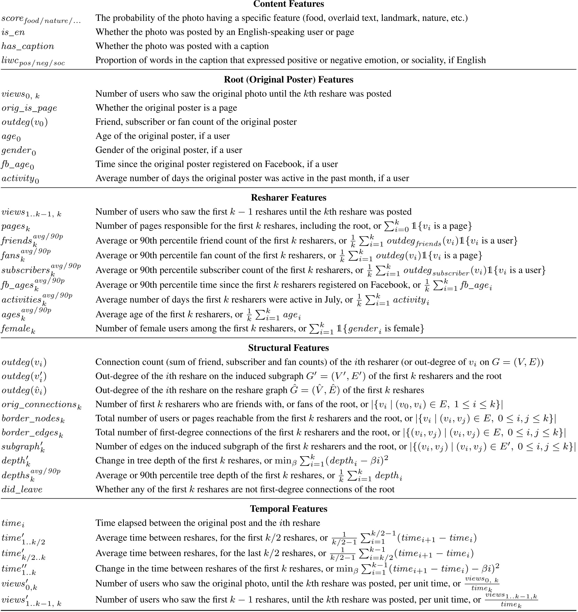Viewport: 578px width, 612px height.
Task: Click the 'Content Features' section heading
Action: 288,4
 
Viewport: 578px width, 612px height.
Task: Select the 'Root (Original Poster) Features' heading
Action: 288,80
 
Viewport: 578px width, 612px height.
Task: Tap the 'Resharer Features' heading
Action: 288,198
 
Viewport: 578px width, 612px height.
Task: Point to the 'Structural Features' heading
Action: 288,348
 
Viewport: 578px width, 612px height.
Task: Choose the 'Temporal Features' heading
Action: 288,509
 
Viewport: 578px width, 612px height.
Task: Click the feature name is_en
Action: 13,32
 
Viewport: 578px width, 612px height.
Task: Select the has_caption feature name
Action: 28,47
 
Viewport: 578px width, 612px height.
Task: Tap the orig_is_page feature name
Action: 29,108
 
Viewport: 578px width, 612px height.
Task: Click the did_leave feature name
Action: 22,490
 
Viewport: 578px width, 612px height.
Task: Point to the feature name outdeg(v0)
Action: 24,122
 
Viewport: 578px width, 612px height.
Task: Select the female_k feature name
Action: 18,329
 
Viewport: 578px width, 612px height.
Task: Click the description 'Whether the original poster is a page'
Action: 166,108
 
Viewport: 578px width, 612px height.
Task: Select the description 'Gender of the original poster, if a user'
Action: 168,150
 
